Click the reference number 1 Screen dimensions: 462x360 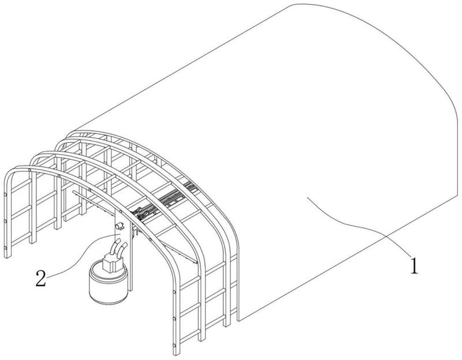(414, 265)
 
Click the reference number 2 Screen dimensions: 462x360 (41, 278)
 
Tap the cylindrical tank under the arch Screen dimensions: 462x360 (108, 283)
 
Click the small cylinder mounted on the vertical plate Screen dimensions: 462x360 (120, 226)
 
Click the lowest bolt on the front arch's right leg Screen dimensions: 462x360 (174, 344)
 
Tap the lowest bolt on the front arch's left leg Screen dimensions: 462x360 (5, 247)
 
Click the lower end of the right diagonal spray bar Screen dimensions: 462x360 (195, 262)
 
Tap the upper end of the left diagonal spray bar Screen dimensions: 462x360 (73, 192)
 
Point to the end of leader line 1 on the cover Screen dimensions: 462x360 (307, 198)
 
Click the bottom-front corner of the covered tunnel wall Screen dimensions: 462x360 (239, 321)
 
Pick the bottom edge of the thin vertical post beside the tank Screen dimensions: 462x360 (131, 290)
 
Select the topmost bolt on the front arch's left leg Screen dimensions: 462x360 (5, 194)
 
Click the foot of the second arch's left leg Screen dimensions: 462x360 (32, 242)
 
